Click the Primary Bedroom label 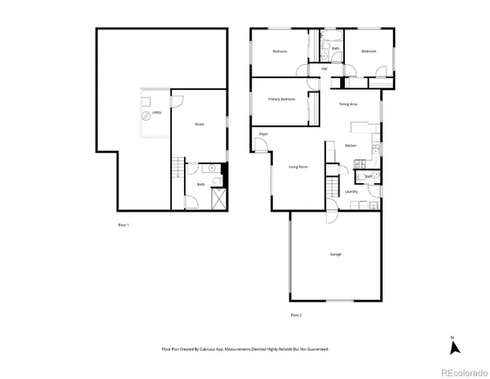point(282,99)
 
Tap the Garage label point(335,254)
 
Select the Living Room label point(297,167)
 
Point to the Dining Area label point(348,104)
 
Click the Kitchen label point(352,146)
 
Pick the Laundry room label point(352,191)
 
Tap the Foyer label point(264,134)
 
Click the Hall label point(324,69)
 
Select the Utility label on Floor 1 point(158,113)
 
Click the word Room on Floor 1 point(199,124)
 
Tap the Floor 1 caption point(123,225)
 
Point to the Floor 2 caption point(296,315)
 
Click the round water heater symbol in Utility point(145,116)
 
